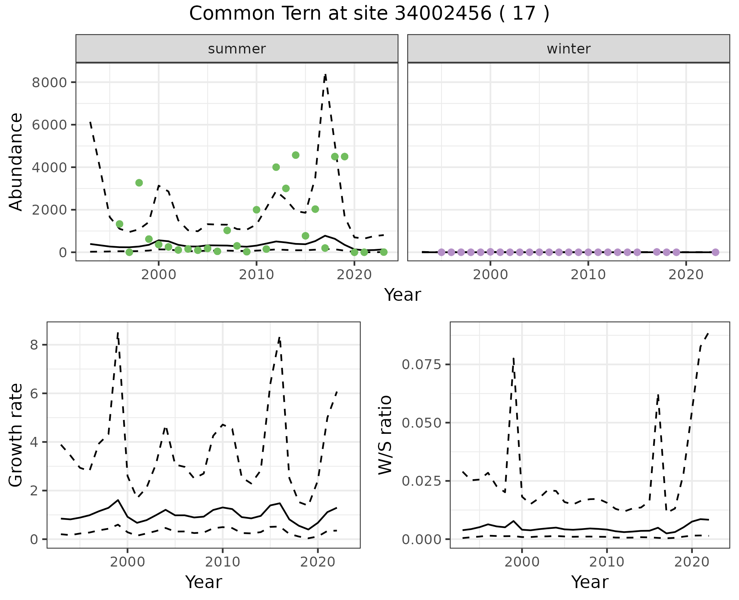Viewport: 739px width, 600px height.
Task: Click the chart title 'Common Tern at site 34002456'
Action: tap(369, 14)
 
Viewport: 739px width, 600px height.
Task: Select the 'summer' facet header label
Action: tap(237, 49)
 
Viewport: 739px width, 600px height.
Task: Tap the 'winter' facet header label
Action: tap(568, 49)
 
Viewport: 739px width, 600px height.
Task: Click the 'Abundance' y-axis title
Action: tap(16, 162)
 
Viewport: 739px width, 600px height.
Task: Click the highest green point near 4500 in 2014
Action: tap(296, 155)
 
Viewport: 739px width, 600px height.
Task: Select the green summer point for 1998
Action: tap(139, 183)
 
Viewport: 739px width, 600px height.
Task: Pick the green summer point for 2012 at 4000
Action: tap(276, 167)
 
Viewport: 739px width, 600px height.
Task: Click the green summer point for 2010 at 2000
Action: tap(256, 210)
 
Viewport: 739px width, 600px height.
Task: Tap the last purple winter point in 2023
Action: tap(715, 252)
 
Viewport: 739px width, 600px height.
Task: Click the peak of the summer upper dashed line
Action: tap(325, 74)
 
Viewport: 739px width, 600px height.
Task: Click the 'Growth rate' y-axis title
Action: tap(16, 435)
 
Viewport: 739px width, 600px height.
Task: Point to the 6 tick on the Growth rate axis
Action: tap(35, 393)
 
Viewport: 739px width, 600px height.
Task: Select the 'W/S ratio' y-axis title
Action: tap(385, 435)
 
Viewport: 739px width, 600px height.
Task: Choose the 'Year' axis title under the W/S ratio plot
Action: tap(590, 582)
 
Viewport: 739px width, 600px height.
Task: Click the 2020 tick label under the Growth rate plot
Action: tap(318, 562)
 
